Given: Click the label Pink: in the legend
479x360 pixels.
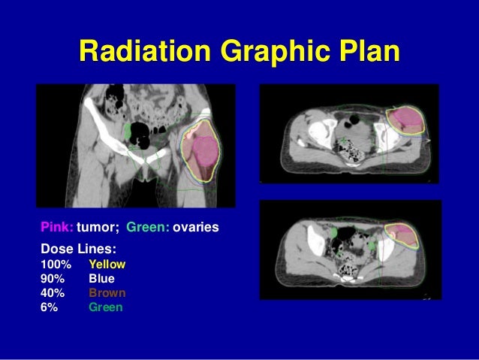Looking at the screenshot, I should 56,225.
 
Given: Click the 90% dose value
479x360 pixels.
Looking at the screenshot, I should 52,279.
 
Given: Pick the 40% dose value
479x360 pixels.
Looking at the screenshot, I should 52,293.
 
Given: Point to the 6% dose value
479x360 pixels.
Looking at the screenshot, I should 49,307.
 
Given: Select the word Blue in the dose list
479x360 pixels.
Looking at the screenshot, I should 101,279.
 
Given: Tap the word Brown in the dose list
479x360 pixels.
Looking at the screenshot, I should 107,293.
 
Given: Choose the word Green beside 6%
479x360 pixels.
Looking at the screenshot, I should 105,307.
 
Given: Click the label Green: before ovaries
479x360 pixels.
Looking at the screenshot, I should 147,225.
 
